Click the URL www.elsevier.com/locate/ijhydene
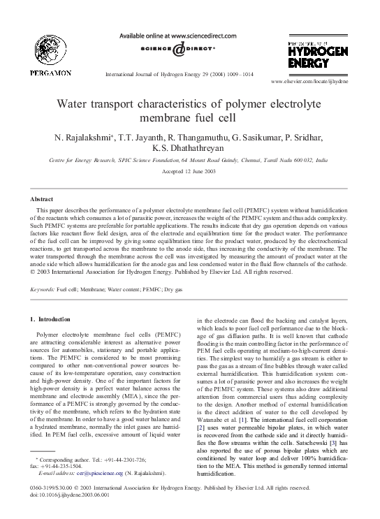[317, 81]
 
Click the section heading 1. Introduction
[52, 319]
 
